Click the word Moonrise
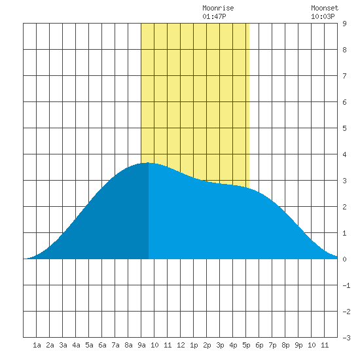coord(218,9)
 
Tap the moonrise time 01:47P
coord(214,16)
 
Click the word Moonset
coord(325,9)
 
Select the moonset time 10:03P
coord(323,16)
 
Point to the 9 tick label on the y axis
coord(344,24)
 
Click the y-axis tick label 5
coord(344,128)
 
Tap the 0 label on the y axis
coord(344,259)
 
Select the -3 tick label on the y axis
coord(346,338)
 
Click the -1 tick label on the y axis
coord(346,285)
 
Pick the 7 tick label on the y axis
coord(344,76)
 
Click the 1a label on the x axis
coord(37,345)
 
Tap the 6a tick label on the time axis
coord(102,345)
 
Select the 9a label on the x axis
coord(141,345)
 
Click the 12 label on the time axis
coord(181,345)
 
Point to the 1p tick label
coord(194,345)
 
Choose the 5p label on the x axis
coord(246,345)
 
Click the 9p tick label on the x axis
coord(298,345)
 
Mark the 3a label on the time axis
coord(63,345)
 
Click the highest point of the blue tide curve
coord(149,163)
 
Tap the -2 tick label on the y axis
coord(346,312)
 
